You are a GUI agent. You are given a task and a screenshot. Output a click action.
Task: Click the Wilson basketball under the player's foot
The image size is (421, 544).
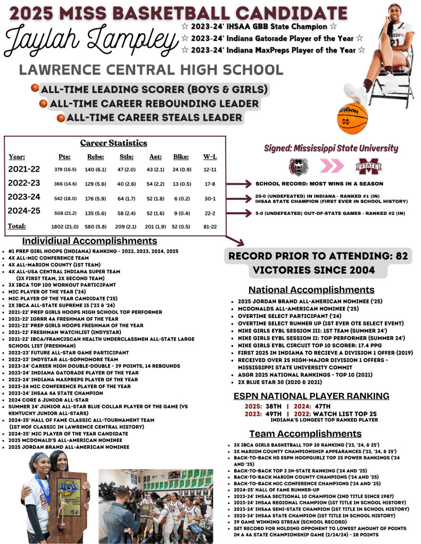point(352,118)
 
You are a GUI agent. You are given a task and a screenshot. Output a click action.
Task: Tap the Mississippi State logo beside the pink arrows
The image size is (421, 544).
point(369,166)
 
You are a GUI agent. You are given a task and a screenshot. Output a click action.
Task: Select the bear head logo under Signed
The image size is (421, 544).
point(298,166)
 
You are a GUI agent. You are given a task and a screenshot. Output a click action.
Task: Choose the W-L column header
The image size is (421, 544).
point(210,157)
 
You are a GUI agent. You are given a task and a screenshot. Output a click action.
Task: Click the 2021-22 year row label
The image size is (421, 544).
point(23,169)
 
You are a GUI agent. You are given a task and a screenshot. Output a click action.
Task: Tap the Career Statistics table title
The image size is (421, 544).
point(113,143)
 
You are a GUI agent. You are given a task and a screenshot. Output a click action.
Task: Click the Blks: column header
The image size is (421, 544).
point(181,157)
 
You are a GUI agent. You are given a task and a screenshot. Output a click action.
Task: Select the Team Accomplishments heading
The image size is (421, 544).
point(306,433)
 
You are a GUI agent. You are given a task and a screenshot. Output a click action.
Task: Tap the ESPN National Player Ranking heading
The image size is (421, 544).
point(311,396)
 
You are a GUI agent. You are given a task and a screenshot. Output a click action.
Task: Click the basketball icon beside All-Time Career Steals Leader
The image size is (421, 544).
point(61,118)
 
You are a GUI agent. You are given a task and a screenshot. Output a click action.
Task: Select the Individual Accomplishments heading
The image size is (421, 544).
point(89,241)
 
